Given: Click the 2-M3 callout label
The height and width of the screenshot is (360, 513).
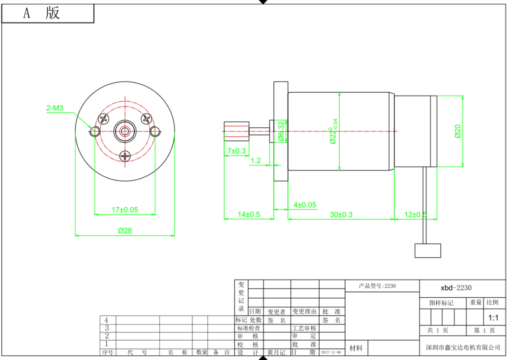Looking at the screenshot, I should tap(54, 109).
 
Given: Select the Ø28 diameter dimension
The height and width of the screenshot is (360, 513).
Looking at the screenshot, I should tap(125, 230).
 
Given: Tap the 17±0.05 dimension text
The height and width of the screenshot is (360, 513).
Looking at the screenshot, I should tap(125, 210).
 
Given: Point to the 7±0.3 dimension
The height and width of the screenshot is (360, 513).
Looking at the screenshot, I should tap(236, 151).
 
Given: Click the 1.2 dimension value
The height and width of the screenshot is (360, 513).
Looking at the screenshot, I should tap(256, 161).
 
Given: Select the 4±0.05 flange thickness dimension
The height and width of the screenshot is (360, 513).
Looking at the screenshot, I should tap(304, 205).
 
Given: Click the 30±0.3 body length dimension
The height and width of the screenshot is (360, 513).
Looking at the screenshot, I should tap(341, 214).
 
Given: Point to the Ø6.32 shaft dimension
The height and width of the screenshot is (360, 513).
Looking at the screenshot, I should tap(281, 131).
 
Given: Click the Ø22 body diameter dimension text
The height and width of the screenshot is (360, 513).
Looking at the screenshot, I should tap(333, 131).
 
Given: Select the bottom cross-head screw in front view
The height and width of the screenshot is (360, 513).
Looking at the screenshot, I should tap(125, 156).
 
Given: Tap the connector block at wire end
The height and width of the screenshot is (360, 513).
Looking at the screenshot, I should tap(427, 250).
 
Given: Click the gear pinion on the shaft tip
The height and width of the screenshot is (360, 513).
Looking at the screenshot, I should tap(236, 131).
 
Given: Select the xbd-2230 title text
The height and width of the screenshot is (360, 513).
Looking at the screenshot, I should tap(456, 288).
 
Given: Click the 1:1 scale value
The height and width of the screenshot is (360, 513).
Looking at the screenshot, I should tap(493, 318).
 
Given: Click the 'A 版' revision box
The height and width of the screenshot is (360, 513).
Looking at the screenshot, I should tap(48, 14).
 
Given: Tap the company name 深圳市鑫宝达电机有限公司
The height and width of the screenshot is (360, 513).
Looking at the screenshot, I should tap(462, 347).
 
